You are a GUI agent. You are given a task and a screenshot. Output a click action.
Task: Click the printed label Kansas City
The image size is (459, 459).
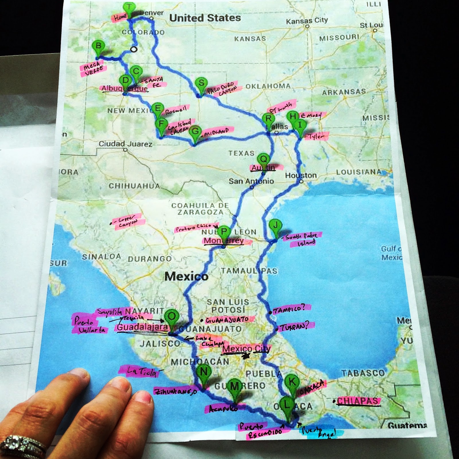[x=307, y=21]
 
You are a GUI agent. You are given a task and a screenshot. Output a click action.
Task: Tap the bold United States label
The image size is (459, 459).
[x=205, y=18]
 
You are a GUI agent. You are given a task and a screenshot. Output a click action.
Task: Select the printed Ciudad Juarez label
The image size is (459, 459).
[x=125, y=144]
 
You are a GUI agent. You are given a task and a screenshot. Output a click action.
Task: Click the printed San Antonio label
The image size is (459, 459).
[x=251, y=181]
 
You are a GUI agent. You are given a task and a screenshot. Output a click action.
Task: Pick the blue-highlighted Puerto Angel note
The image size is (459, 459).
[x=319, y=433]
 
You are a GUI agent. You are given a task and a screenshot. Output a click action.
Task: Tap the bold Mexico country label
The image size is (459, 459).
[x=186, y=276]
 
